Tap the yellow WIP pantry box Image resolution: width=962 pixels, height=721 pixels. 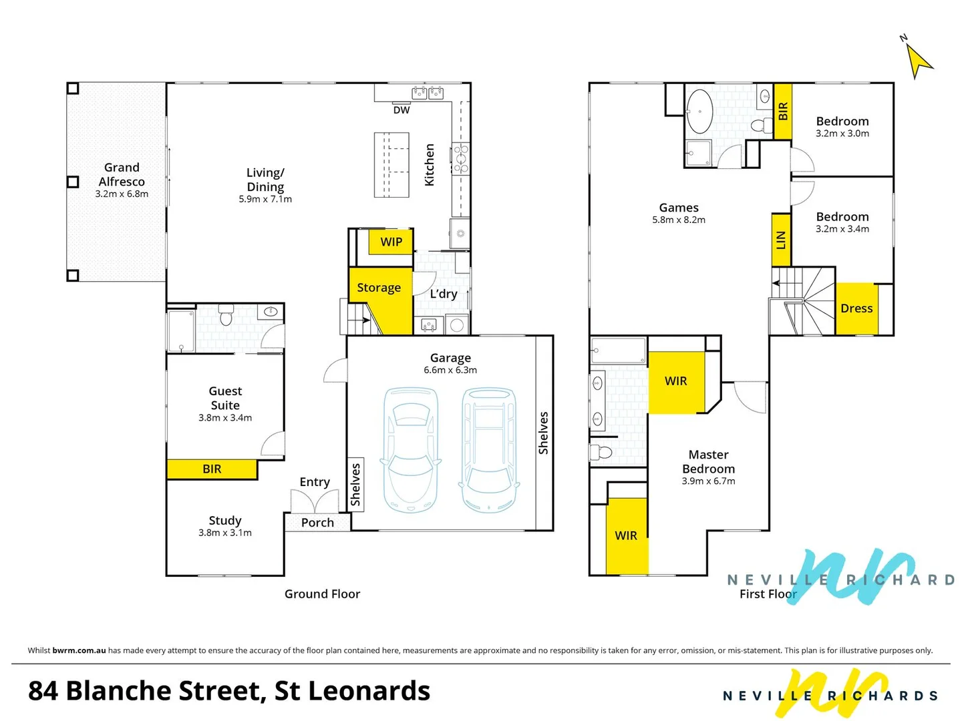(x=391, y=242)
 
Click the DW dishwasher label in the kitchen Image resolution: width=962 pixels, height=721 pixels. (x=402, y=110)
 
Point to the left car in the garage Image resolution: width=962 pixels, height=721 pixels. (x=410, y=449)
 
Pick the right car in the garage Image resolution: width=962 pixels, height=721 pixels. (x=489, y=449)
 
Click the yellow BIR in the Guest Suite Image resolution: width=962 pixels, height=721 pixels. (x=212, y=469)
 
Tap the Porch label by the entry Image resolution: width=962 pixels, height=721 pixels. (x=317, y=523)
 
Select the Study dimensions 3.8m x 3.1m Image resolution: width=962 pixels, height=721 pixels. (x=225, y=533)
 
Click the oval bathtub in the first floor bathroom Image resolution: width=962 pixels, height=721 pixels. (x=700, y=111)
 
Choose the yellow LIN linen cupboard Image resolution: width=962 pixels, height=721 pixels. (x=781, y=240)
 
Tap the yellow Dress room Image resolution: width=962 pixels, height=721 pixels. (x=856, y=308)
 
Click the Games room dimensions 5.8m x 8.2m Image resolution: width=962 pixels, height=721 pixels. (x=679, y=220)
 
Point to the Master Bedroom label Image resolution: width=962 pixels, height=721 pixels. (x=708, y=461)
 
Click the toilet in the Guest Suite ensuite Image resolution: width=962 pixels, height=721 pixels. (x=226, y=315)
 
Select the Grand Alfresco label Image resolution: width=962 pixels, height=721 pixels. (x=122, y=174)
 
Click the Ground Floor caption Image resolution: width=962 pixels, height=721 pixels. (x=322, y=594)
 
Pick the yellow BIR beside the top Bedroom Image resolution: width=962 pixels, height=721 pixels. (x=783, y=111)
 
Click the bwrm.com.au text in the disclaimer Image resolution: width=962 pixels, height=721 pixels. (x=79, y=650)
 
